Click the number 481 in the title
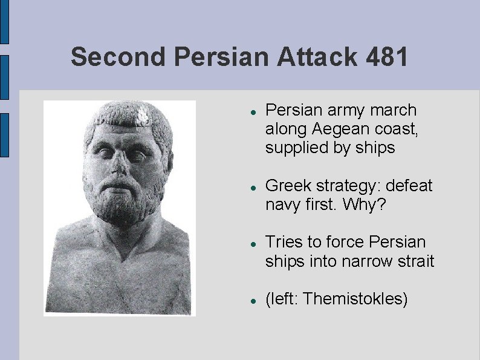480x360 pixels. [388, 57]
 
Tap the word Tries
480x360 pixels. [284, 242]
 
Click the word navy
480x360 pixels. [282, 205]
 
